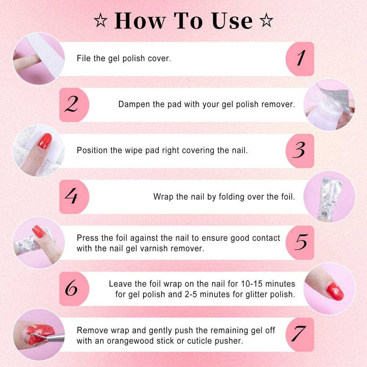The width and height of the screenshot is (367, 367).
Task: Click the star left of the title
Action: (x=101, y=20)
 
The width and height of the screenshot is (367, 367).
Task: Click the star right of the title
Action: (x=266, y=20)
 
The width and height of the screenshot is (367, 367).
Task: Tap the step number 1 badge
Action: (x=300, y=59)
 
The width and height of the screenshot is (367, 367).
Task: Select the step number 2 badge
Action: (x=74, y=105)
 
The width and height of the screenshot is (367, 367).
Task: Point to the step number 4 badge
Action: (x=74, y=197)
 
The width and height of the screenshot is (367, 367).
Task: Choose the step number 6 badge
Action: (x=74, y=288)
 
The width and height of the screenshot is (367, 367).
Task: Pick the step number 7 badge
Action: (x=300, y=334)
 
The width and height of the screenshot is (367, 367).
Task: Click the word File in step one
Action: (x=84, y=58)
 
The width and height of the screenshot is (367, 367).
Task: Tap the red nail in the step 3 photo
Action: (x=45, y=141)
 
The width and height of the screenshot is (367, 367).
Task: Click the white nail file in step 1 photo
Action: (x=46, y=55)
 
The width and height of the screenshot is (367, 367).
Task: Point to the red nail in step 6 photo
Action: (x=335, y=292)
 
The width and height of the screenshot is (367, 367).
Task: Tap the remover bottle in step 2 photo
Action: (x=323, y=110)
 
